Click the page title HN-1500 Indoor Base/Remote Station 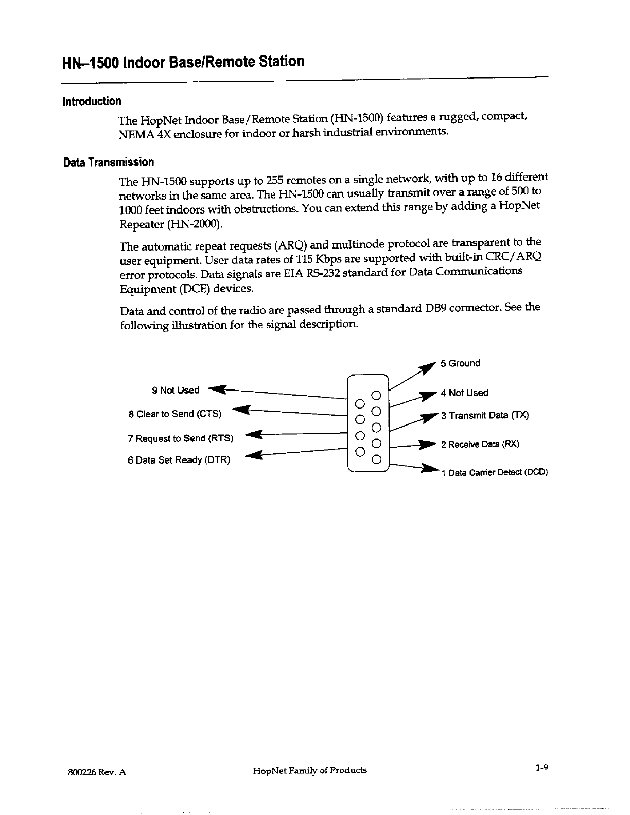(x=183, y=62)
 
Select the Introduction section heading (x=92, y=101)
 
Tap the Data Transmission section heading (x=108, y=162)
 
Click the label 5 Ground (x=460, y=363)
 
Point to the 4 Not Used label (x=464, y=393)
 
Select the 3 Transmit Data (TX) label (x=484, y=415)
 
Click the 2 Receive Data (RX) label (x=480, y=445)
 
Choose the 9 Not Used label (x=176, y=391)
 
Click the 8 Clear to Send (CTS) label (x=175, y=414)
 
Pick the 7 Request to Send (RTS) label (x=180, y=438)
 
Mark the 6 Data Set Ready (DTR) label (x=179, y=460)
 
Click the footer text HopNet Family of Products (x=310, y=770)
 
